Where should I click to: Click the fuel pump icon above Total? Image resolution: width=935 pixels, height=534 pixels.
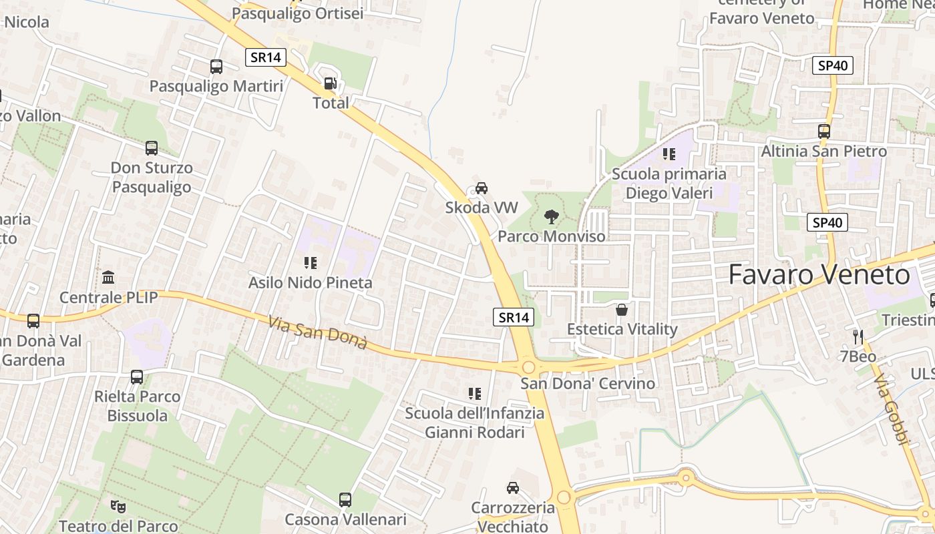(x=330, y=83)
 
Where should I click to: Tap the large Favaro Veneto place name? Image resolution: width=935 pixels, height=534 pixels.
(x=819, y=275)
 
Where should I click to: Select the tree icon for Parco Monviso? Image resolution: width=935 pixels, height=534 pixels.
(x=551, y=216)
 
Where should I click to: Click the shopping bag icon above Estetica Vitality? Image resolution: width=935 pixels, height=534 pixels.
(x=622, y=310)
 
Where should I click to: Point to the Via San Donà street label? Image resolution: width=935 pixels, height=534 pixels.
(x=318, y=332)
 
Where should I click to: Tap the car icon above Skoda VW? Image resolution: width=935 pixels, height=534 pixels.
(x=482, y=188)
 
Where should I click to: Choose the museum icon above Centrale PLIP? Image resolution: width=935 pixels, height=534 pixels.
(x=108, y=277)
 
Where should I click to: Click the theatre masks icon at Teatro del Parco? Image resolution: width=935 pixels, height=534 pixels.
(x=118, y=506)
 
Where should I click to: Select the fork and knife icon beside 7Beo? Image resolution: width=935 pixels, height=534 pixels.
(x=858, y=336)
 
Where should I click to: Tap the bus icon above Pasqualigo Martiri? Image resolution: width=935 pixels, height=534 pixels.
(x=216, y=67)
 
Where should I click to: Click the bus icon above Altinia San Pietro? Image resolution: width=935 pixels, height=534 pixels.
(x=824, y=131)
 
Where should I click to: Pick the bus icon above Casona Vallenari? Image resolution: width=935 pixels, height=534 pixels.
(x=345, y=499)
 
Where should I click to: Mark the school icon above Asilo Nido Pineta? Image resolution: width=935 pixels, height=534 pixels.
(x=310, y=263)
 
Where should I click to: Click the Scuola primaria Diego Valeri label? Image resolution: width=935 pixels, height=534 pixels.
(x=669, y=184)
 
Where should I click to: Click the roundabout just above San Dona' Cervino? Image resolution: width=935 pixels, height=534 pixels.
(x=529, y=366)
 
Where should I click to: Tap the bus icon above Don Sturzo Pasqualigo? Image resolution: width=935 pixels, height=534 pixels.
(x=152, y=148)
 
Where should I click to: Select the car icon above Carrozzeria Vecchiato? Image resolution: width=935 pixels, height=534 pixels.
(x=513, y=488)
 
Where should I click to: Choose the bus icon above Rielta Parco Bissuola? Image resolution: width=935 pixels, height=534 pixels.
(x=137, y=377)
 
